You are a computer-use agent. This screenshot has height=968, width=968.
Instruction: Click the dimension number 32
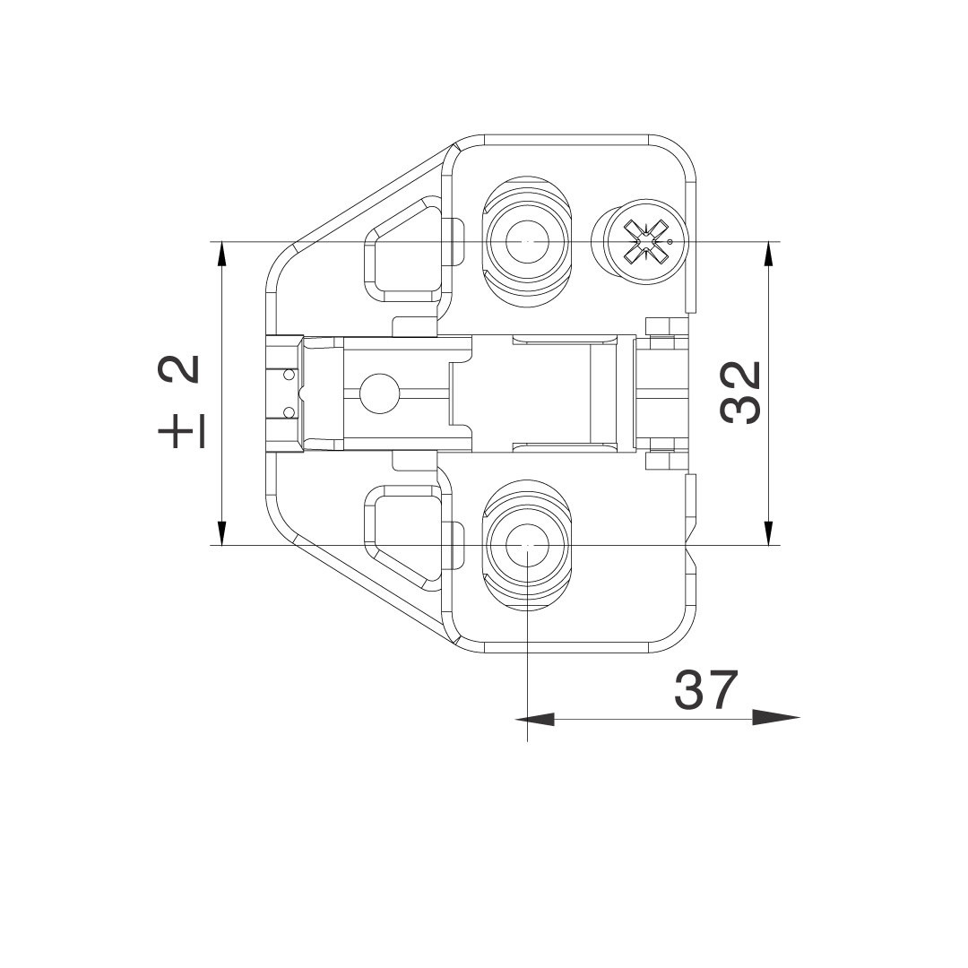coord(741,392)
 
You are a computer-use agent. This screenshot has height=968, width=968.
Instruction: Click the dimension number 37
coord(706,689)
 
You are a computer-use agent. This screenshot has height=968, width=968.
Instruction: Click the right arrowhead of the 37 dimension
coord(775,718)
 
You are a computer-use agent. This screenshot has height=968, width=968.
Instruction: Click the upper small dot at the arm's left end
coord(288,374)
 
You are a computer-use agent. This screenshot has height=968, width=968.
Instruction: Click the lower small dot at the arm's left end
coord(288,412)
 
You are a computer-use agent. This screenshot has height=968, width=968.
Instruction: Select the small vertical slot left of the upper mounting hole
coord(458,242)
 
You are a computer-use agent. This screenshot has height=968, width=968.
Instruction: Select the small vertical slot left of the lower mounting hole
coord(458,545)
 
